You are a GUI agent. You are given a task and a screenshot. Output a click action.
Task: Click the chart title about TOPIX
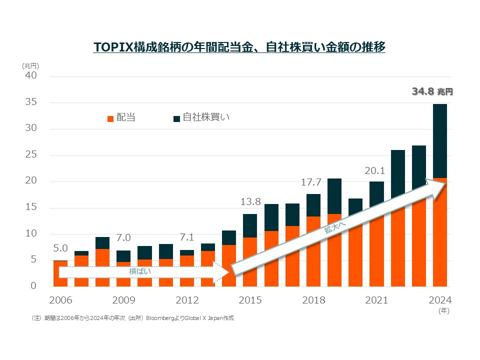pyautogui.click(x=239, y=47)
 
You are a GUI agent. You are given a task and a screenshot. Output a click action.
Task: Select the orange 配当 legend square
pyautogui.click(x=110, y=118)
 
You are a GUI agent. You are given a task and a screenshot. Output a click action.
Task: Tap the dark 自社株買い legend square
pyautogui.click(x=176, y=118)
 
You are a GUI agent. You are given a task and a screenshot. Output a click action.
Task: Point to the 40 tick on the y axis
pyautogui.click(x=31, y=75)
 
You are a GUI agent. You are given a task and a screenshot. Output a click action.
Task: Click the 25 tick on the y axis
pyautogui.click(x=31, y=154)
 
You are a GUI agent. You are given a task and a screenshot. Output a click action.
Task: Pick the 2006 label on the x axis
pyautogui.click(x=60, y=300)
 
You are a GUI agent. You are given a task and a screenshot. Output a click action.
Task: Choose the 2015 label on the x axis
pyautogui.click(x=250, y=300)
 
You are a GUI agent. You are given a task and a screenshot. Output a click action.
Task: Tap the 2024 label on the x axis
pyautogui.click(x=440, y=300)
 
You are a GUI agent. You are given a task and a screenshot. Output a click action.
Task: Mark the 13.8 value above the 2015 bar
pyautogui.click(x=250, y=202)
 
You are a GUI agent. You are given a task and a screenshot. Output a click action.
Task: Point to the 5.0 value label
pyautogui.click(x=60, y=248)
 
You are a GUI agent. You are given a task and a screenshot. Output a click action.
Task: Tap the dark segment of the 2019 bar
pyautogui.click(x=334, y=196)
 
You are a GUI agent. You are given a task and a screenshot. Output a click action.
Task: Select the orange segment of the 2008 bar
pyautogui.click(x=102, y=267)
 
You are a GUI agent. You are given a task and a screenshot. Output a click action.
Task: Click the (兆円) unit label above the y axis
pyautogui.click(x=30, y=65)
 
